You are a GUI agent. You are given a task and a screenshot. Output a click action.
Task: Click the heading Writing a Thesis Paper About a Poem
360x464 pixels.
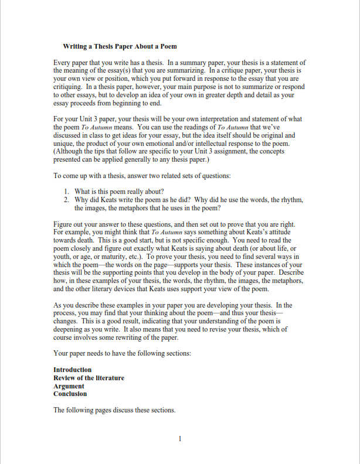tap(120, 46)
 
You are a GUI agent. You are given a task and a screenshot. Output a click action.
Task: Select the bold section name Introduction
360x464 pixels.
tap(73, 370)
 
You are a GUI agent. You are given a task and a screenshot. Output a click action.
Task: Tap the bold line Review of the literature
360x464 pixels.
tap(89, 378)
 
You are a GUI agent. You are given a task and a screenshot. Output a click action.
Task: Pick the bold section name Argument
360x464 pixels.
tap(69, 386)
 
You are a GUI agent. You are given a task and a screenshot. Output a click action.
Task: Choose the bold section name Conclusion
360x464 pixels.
tap(70, 394)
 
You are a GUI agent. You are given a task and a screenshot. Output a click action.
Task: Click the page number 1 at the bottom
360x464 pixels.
tap(180, 438)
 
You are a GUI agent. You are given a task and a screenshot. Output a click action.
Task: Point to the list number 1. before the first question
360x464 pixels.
tap(67, 192)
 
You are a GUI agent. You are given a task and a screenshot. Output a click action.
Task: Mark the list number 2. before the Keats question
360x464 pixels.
tap(67, 200)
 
